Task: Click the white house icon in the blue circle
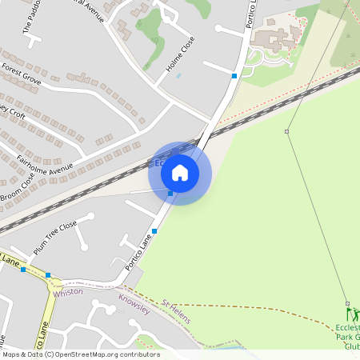(180, 173)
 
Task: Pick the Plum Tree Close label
(55, 237)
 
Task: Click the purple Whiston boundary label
(68, 293)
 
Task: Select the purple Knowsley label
(134, 303)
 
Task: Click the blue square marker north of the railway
(234, 75)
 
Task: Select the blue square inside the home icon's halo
(170, 194)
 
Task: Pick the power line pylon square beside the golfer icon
(347, 303)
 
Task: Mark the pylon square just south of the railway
(286, 130)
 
